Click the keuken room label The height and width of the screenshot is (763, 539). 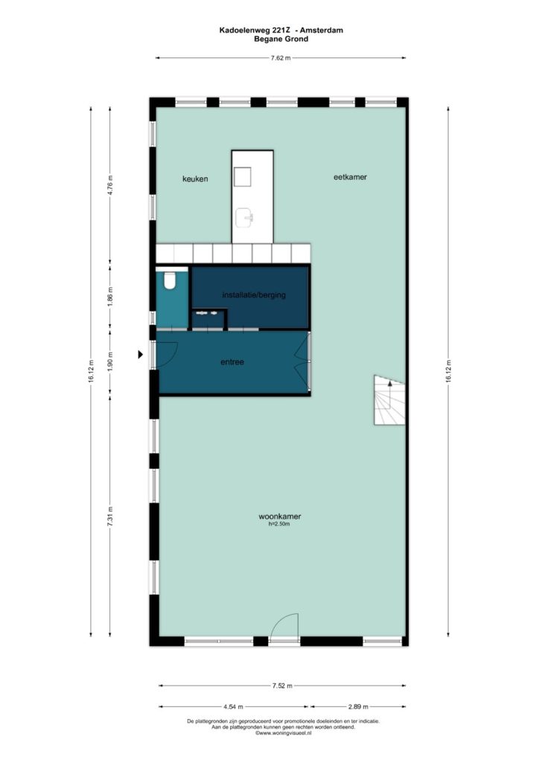[x=195, y=179]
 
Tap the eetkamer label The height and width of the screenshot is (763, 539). [x=350, y=177]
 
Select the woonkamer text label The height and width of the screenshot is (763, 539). [x=279, y=516]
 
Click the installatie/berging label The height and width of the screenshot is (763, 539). [x=254, y=295]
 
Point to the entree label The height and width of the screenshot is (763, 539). [x=232, y=362]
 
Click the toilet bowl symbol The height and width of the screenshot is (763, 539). [x=170, y=280]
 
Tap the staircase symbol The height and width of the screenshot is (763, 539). [x=389, y=400]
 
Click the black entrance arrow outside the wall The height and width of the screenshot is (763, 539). [x=141, y=354]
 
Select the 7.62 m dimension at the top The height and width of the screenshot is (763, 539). [x=281, y=58]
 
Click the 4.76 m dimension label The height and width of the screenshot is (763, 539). [x=110, y=185]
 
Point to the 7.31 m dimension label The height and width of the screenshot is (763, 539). [x=110, y=516]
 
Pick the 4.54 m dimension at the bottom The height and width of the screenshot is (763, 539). [x=233, y=706]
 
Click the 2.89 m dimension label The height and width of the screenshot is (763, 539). [x=357, y=706]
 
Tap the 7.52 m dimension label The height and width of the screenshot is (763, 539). [x=282, y=686]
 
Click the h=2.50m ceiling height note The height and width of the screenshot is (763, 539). [x=279, y=524]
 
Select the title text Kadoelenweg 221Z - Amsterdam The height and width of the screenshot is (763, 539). [x=281, y=30]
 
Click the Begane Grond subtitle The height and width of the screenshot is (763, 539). [x=281, y=39]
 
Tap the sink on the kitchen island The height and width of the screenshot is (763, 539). [x=244, y=218]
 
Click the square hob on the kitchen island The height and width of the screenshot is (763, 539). [x=242, y=177]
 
